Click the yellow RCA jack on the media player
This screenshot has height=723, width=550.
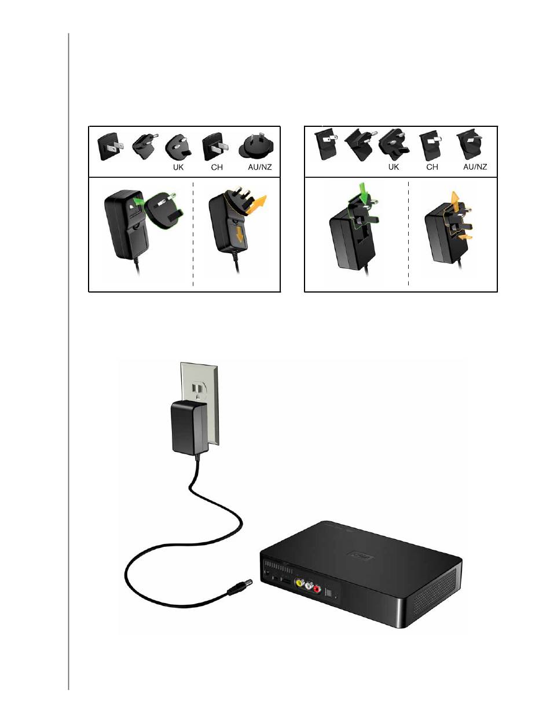coord(299,585)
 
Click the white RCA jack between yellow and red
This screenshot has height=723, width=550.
coord(309,587)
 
